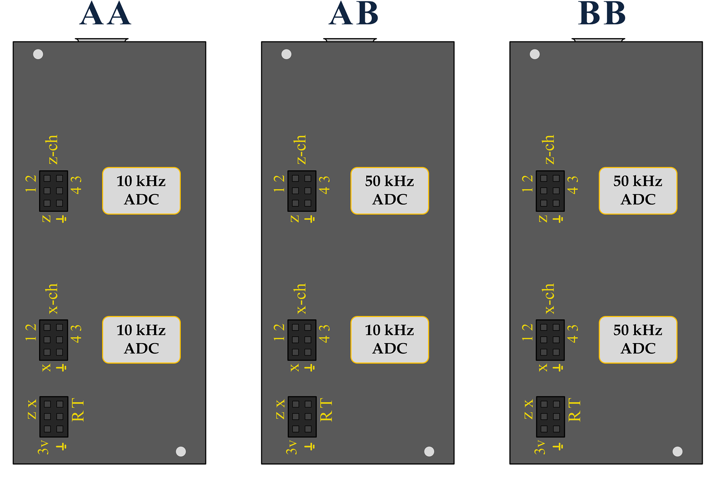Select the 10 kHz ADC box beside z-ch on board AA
141,191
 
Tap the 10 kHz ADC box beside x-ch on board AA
141,340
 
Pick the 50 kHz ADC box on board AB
390,191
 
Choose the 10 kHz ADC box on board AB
390,340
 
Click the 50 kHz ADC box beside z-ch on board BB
638,191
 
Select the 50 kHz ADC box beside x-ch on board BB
638,340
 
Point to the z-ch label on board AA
52,149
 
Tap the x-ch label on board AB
301,299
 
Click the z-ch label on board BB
549,149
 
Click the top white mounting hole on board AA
38,54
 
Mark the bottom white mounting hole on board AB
429,451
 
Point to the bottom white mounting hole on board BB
677,451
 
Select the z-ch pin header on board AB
302,191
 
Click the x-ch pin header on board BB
550,340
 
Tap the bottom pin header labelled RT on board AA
54,417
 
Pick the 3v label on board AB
291,447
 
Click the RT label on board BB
574,410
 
